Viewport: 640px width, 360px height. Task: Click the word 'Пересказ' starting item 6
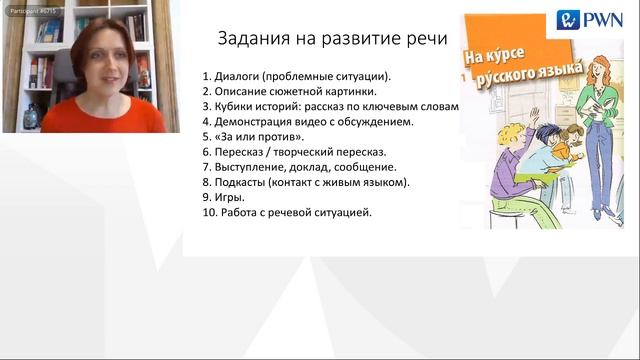point(241,152)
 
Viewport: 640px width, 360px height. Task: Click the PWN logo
point(590,20)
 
